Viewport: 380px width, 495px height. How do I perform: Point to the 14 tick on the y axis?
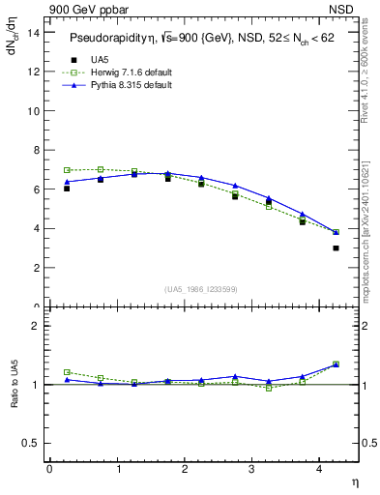click(36, 32)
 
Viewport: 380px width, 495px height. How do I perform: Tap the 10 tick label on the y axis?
click(36, 110)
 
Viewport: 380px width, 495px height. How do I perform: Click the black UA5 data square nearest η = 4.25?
click(336, 248)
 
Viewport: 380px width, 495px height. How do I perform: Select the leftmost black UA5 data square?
click(67, 189)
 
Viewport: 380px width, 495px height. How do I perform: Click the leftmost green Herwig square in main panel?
click(67, 170)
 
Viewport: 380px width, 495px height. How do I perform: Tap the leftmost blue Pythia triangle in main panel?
click(67, 182)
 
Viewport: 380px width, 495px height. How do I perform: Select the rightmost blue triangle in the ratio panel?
click(336, 364)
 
